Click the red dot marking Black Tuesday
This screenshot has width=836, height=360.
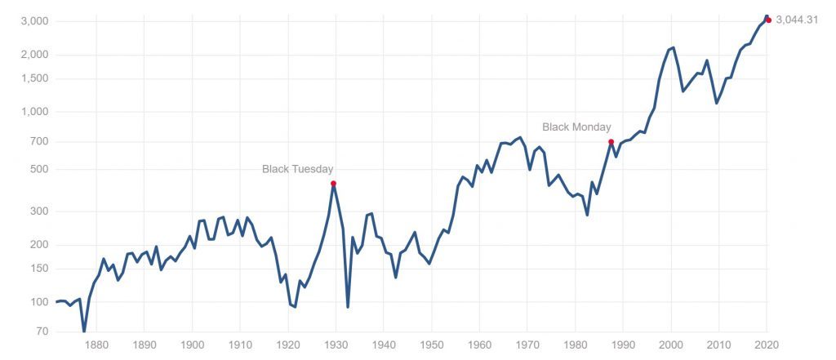pos(333,184)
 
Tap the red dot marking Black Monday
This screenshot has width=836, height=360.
pos(611,142)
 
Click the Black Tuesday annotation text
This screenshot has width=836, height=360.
pos(297,169)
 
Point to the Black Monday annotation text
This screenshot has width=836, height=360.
pos(576,127)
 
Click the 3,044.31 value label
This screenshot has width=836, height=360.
pos(797,20)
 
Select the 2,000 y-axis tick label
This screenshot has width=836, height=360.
pos(34,55)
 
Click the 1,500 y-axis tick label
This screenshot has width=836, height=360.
pos(34,78)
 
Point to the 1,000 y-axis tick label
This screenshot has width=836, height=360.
pos(34,112)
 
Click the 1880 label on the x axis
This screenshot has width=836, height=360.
pos(96,344)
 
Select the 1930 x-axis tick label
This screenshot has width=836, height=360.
pos(336,344)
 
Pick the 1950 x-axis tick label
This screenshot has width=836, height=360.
pos(432,344)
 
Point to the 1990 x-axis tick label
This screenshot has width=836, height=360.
pos(624,344)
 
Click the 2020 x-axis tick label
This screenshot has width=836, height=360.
pos(767,344)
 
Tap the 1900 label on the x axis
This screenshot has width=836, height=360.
pos(192,344)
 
